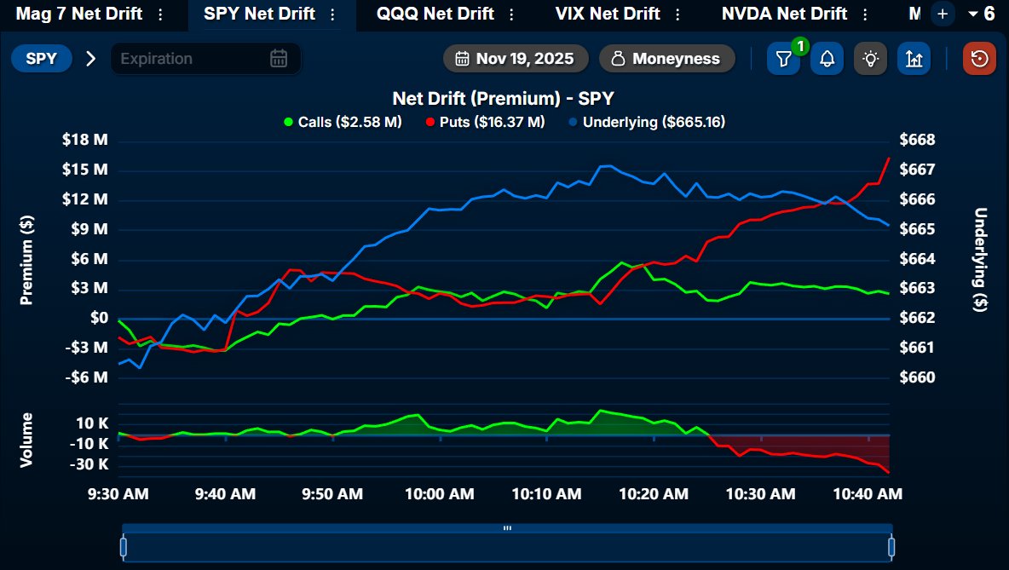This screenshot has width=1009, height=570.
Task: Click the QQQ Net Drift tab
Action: click(435, 14)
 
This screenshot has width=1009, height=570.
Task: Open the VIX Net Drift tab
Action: click(607, 14)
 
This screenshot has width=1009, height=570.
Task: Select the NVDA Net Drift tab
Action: click(784, 14)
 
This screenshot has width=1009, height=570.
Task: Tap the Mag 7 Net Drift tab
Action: click(78, 14)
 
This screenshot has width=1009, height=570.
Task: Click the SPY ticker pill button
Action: click(41, 59)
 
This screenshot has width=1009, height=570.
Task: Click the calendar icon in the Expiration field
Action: click(279, 59)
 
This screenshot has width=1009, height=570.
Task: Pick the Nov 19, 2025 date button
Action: click(516, 59)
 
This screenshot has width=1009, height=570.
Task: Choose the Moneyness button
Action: click(666, 59)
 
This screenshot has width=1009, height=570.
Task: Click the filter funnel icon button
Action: click(783, 59)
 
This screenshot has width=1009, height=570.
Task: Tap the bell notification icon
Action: click(827, 59)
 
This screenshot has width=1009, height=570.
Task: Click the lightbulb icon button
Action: click(870, 59)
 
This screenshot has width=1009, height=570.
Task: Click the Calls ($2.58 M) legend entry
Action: click(343, 122)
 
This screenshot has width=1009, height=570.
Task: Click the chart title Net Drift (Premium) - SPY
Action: click(503, 99)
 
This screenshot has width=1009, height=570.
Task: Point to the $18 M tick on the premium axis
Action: click(85, 141)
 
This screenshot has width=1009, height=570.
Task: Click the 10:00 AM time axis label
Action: click(440, 493)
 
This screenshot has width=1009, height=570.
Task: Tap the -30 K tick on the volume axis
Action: click(91, 464)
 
